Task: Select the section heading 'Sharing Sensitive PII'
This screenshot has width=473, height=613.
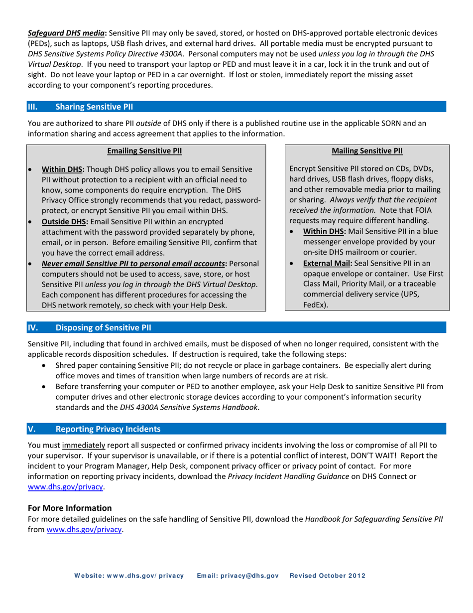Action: [94, 106]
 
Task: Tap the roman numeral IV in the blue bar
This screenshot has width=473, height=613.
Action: [32, 327]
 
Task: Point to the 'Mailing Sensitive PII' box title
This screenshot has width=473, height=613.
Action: [367, 150]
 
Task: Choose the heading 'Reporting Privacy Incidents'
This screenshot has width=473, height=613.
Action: [108, 429]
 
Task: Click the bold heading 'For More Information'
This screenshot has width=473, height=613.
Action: [70, 508]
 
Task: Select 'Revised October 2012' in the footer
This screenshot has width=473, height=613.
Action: [328, 576]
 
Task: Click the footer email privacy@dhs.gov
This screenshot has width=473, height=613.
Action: [237, 576]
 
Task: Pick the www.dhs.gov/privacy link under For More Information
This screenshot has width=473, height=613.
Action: [84, 530]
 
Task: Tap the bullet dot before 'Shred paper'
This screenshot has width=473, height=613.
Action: [45, 366]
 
